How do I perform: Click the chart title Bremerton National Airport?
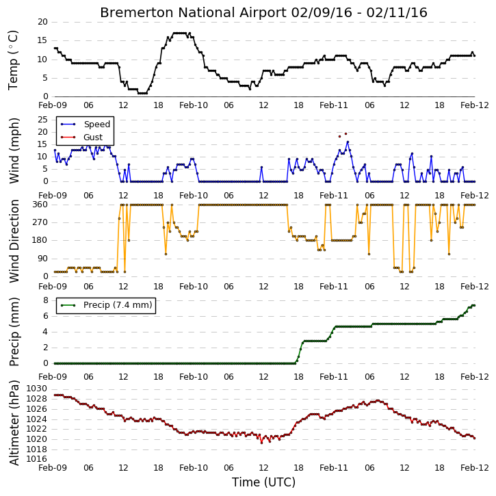pos(193,13)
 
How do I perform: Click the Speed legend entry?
pos(86,125)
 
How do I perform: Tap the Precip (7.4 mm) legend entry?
pos(106,305)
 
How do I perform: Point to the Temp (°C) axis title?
pos(13,60)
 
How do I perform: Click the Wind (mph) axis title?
pos(14,151)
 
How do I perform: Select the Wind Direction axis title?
pos(14,241)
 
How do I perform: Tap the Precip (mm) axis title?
pos(14,332)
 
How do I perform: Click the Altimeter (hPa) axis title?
pos(14,423)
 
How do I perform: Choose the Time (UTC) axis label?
pos(263,482)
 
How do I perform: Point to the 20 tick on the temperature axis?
pos(42,22)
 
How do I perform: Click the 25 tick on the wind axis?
pos(42,120)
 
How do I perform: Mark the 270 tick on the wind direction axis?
pos(40,222)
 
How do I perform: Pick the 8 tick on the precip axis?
pos(46,300)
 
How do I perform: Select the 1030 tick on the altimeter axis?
pos(37,389)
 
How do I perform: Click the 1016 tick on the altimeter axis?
pos(37,459)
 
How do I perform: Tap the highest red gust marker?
pos(345,134)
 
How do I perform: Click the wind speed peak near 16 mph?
pos(348,142)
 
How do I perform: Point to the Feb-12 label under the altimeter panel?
pos(475,468)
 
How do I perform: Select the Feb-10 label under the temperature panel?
pos(194,105)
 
